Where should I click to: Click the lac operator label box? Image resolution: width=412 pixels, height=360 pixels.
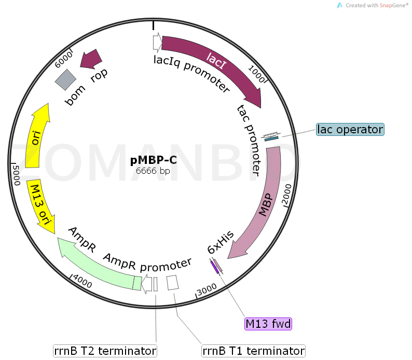350,130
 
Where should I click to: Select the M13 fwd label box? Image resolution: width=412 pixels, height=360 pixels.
268,324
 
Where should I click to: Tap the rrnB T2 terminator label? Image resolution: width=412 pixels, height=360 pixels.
105,351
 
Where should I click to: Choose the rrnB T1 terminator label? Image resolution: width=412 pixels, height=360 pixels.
253,351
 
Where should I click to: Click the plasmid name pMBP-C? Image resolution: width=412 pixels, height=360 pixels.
153,160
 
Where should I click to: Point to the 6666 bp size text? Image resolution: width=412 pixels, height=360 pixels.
153,170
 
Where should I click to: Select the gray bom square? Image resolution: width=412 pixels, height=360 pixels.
66,79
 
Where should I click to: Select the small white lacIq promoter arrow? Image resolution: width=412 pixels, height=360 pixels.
157,41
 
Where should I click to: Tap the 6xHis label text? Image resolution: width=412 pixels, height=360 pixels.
221,242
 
